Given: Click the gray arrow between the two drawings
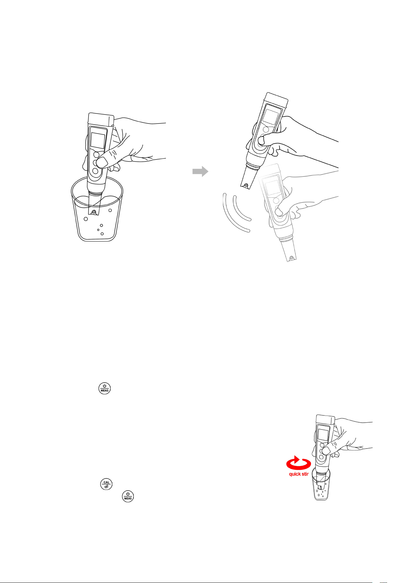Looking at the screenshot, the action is pyautogui.click(x=200, y=172).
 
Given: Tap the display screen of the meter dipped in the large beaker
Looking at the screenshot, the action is pyautogui.click(x=98, y=140).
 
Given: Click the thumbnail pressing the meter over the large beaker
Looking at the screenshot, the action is pyautogui.click(x=102, y=163).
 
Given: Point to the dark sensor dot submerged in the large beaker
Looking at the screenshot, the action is pyautogui.click(x=94, y=212).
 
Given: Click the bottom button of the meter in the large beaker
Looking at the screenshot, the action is pyautogui.click(x=95, y=171).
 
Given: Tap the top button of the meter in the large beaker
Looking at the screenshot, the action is pyautogui.click(x=96, y=155).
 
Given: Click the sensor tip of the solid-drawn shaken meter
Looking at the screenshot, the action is pyautogui.click(x=246, y=185).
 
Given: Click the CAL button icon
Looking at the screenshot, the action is pyautogui.click(x=106, y=484).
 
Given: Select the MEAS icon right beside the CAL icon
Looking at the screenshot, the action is pyautogui.click(x=128, y=497).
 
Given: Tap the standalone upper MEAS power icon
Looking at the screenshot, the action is pyautogui.click(x=104, y=388).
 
